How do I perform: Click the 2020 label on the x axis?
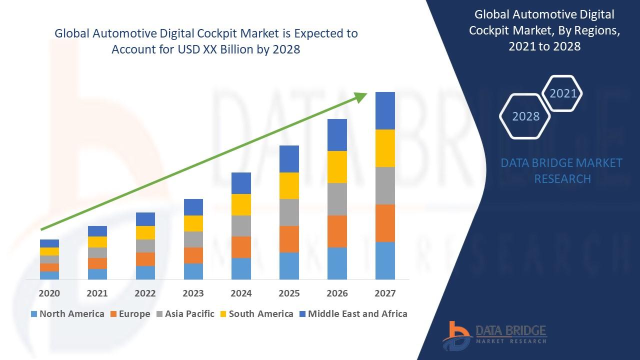(49, 293)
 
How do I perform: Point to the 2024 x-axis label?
(241, 293)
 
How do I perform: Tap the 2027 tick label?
(385, 293)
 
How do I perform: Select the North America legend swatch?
(34, 314)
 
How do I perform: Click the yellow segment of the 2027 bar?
(385, 148)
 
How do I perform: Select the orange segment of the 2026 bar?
(337, 231)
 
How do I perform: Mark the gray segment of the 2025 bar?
(289, 212)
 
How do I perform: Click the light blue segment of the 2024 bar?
(241, 268)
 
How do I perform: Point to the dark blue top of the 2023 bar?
(193, 207)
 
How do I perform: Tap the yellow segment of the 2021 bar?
(97, 241)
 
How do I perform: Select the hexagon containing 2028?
(525, 116)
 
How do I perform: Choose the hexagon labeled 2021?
(563, 93)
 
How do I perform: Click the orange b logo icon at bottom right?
(456, 335)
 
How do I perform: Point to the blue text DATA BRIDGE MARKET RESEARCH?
(562, 170)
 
